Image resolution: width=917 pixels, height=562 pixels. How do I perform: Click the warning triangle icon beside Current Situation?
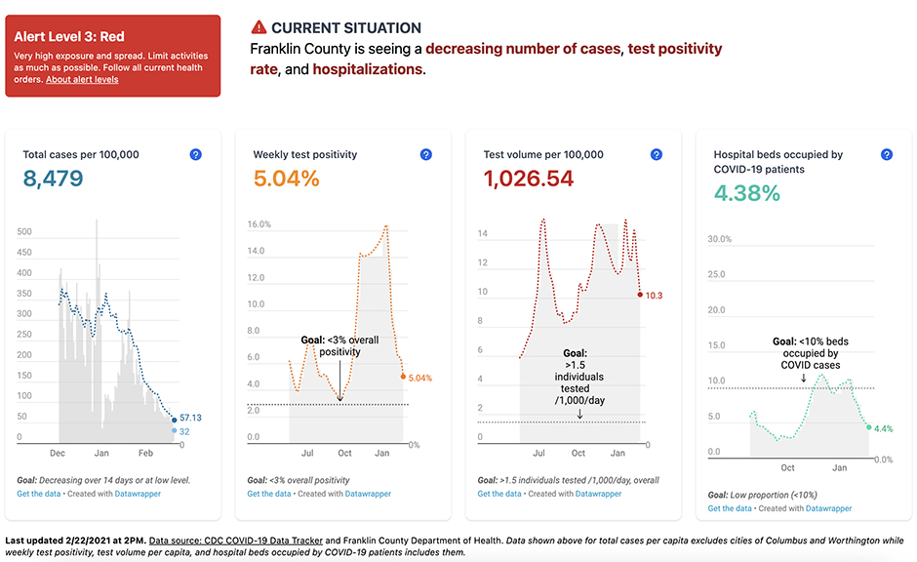point(259,27)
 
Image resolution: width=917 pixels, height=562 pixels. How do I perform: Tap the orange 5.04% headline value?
point(286,179)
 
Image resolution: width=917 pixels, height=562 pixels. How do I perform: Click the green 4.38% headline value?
point(747,192)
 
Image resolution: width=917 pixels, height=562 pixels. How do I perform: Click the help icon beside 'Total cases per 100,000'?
point(195,154)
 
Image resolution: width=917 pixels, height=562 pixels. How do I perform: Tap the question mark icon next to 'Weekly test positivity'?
point(425,154)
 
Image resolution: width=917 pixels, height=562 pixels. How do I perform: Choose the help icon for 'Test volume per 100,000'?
point(656,154)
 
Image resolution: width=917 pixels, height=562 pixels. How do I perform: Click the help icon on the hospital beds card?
point(886,154)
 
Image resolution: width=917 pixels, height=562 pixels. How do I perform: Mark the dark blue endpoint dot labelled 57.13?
point(175,421)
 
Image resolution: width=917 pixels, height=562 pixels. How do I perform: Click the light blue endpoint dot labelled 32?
point(175,430)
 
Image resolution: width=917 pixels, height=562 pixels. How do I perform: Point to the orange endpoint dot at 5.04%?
point(403,376)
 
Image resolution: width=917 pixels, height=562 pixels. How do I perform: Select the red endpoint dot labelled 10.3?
point(640,295)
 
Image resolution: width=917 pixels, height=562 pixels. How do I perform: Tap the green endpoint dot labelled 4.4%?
point(868,427)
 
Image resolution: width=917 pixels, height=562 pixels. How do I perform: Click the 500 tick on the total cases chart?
point(25,232)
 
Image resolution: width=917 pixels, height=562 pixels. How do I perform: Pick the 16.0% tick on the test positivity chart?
point(259,224)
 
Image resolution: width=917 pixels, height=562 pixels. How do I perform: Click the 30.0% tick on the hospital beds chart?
point(719,239)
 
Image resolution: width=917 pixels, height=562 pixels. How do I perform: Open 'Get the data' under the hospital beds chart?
point(730,508)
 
